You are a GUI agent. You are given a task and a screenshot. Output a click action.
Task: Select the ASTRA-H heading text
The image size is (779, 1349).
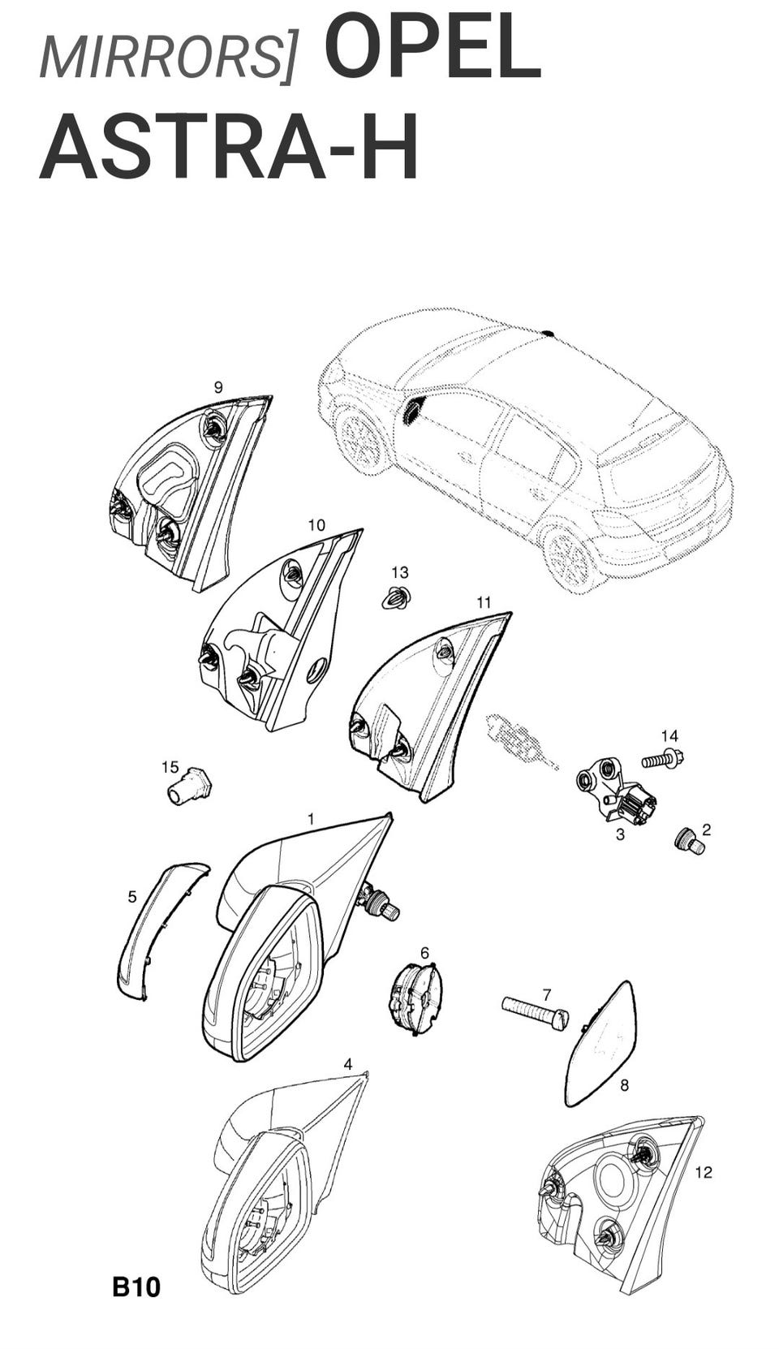(230, 148)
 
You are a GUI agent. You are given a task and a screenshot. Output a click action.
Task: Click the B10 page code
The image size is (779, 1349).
(136, 1287)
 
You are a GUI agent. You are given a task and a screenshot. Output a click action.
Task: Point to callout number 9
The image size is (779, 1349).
(217, 387)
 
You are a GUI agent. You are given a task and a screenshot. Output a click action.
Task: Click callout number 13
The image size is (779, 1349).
(399, 574)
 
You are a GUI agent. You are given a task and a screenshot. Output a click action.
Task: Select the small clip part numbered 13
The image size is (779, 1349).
(397, 598)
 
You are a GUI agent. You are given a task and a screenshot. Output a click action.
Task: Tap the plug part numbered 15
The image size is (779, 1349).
(190, 785)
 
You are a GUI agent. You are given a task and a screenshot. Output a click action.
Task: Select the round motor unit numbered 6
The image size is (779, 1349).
(416, 998)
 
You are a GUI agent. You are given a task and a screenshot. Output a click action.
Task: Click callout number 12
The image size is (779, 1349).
(703, 1172)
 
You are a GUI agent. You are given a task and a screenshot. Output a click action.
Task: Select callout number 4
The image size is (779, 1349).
(348, 1064)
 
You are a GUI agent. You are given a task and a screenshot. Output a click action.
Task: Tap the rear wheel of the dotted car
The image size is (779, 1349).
(570, 558)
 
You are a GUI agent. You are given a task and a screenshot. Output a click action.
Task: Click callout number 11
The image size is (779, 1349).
(484, 602)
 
